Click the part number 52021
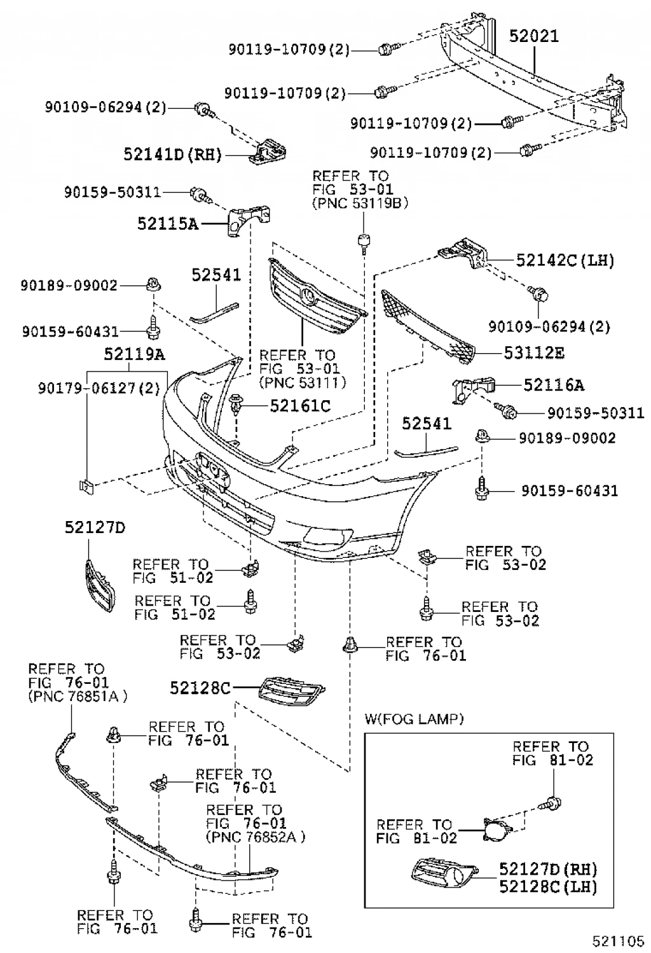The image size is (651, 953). tap(534, 36)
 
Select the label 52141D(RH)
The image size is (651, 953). tap(172, 154)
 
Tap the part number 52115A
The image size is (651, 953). tap(168, 223)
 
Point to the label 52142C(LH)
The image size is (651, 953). tap(565, 260)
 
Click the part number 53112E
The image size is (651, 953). tap(534, 352)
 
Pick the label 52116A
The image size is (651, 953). tap(554, 385)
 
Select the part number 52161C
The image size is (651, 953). tap(300, 405)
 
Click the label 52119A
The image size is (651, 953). tap(134, 354)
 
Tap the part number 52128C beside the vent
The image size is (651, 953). tap(200, 688)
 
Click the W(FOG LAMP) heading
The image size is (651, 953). tap(414, 719)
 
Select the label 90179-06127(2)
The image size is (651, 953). tap(99, 387)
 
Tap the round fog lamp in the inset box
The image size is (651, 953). tap(495, 832)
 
